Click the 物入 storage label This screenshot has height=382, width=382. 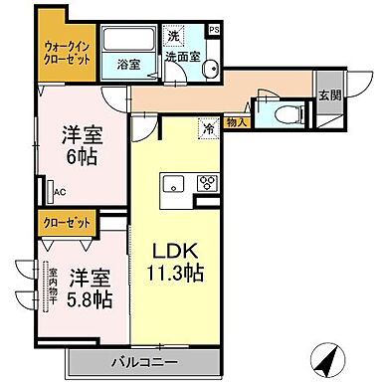pyautogui.click(x=236, y=122)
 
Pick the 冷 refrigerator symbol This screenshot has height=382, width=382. pyautogui.click(x=209, y=126)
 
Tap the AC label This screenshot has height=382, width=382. pyautogui.click(x=59, y=192)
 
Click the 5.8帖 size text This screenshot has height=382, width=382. pyautogui.click(x=84, y=295)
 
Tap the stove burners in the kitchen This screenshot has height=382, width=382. pyautogui.click(x=209, y=182)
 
